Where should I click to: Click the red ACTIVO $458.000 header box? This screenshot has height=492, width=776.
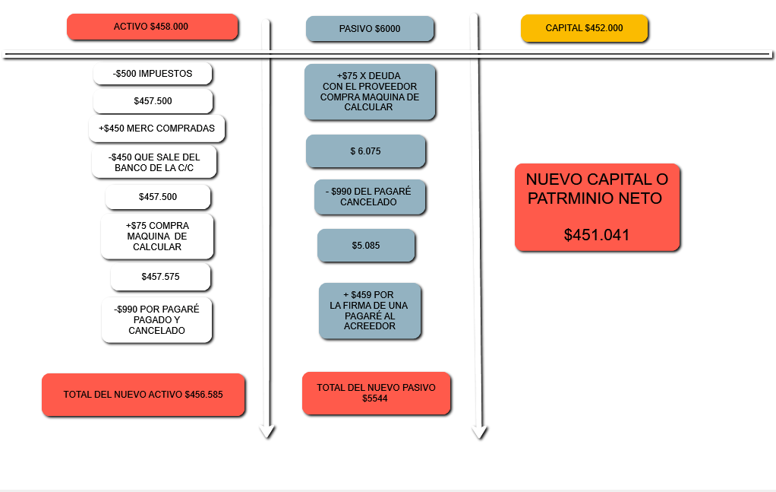pos(153,27)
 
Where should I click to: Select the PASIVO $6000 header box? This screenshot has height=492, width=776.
pos(370,29)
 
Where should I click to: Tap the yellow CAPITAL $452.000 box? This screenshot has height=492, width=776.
pos(584,28)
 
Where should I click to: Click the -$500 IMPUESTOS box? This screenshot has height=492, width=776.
pos(153,74)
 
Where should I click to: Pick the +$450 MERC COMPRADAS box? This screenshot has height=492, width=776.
pos(157,129)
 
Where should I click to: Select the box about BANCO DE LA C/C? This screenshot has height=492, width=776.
pos(154,162)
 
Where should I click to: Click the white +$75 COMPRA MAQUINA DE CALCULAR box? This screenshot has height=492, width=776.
pos(157,236)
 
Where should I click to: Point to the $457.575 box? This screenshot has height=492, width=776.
pos(160,277)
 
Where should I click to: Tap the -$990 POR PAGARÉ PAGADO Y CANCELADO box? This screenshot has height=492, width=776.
pos(156,319)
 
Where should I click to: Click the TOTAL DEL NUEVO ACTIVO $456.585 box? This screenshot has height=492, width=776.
pos(143,395)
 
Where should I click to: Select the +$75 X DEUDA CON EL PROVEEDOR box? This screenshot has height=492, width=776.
pos(370,92)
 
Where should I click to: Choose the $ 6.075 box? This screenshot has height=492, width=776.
pos(366,151)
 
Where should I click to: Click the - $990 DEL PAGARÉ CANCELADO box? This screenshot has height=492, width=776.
pos(370,197)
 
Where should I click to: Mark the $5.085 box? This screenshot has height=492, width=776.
pos(366,246)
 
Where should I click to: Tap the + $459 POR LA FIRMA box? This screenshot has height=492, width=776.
pos(370,311)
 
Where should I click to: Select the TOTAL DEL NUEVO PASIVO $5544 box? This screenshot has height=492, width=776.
pos(376,393)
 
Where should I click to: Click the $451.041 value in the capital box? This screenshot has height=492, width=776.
pos(597,235)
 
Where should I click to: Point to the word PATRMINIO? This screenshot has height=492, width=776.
pos(595,198)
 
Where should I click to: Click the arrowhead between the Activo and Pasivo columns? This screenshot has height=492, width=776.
pos(267,431)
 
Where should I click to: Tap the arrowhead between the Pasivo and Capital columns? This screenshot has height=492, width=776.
pos(479,432)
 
